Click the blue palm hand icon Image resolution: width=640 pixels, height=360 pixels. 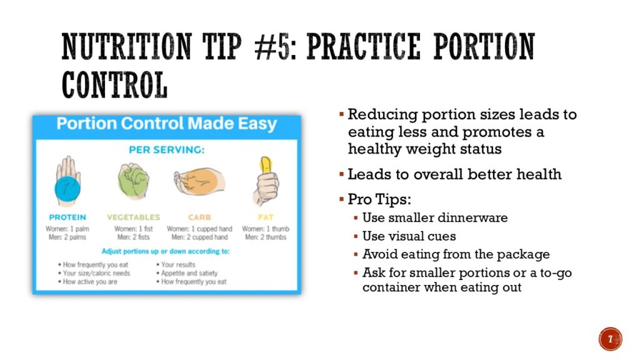(67, 182)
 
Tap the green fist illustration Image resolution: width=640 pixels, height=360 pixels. (134, 181)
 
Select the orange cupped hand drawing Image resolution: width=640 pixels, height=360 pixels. (199, 181)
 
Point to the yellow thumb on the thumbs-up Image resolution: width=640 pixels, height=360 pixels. (266, 164)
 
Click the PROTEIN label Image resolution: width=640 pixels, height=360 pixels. (67, 217)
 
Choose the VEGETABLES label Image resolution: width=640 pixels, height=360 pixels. (134, 217)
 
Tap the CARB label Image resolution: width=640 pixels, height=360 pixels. (199, 217)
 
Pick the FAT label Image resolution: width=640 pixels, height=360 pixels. (266, 217)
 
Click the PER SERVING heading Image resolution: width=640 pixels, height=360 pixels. (166, 150)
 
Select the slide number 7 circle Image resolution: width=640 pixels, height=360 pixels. (610, 339)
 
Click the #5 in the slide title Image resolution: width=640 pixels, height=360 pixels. (273, 47)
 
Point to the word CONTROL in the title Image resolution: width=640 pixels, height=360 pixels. (115, 85)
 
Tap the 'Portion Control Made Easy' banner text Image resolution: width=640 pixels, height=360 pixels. (166, 123)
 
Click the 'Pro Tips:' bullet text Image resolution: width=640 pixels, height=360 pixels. (379, 199)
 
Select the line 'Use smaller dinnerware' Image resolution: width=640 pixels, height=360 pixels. (435, 217)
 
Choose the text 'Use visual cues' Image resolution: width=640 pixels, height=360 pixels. (409, 236)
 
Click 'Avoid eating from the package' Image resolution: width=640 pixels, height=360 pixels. (456, 254)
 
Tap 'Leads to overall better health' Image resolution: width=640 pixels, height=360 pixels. (455, 174)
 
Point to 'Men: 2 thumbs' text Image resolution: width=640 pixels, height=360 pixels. (266, 237)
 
